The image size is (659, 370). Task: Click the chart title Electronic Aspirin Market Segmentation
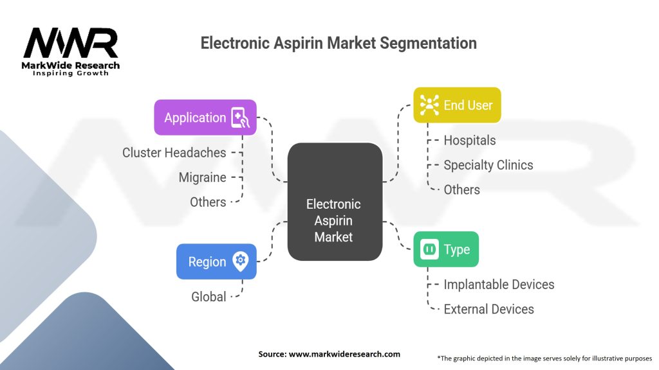click(x=339, y=44)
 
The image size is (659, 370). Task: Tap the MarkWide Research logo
click(x=71, y=51)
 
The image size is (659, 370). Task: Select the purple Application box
click(x=205, y=117)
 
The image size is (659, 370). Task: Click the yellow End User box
click(x=458, y=105)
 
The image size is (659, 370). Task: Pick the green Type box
click(x=445, y=249)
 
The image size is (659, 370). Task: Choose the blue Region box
click(x=216, y=261)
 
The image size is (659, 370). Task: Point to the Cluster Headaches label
click(x=174, y=153)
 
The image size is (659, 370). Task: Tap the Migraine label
click(x=202, y=177)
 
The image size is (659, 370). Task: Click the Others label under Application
click(x=208, y=202)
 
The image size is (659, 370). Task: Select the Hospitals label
click(x=470, y=140)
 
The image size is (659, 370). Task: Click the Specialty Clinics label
click(x=488, y=165)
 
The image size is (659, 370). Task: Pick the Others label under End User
click(x=462, y=189)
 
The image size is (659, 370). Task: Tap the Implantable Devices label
click(x=499, y=284)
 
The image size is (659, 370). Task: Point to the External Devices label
click(x=489, y=309)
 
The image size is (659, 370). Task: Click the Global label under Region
click(x=209, y=297)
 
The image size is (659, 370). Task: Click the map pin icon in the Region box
click(x=241, y=261)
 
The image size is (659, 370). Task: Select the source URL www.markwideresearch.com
click(x=329, y=354)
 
